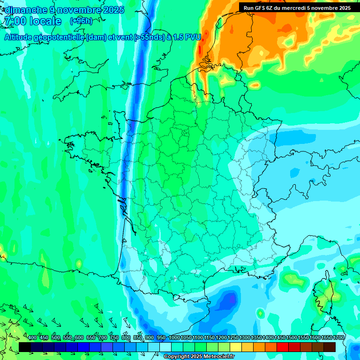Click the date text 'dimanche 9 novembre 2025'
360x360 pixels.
64,10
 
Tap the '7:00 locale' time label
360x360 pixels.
32,21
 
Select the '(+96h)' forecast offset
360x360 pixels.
81,21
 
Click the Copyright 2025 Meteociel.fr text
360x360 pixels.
206,357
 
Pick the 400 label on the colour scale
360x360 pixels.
32,338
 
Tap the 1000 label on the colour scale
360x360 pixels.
174,338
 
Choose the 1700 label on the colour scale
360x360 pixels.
339,338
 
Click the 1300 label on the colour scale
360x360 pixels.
245,338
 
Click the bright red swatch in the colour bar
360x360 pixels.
283,347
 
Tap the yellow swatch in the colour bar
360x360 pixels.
236,347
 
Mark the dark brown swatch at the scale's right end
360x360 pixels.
330,347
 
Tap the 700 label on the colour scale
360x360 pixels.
103,338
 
